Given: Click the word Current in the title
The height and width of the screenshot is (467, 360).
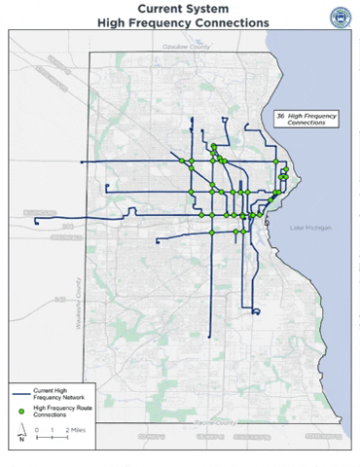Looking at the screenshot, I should pyautogui.click(x=148, y=7).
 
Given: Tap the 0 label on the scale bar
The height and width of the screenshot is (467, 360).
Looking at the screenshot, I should pyautogui.click(x=36, y=428).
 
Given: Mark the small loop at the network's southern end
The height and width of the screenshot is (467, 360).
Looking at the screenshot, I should pyautogui.click(x=254, y=311).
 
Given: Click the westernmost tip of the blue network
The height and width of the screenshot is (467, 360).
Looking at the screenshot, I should pyautogui.click(x=36, y=222).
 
